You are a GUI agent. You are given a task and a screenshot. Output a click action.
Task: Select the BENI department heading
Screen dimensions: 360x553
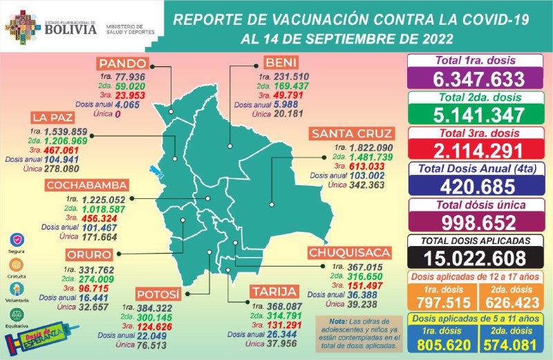[x=282, y=62]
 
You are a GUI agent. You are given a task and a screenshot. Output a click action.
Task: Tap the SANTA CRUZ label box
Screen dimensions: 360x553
[x=350, y=133]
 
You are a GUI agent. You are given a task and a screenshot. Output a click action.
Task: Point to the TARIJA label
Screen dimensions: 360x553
[x=274, y=291]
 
